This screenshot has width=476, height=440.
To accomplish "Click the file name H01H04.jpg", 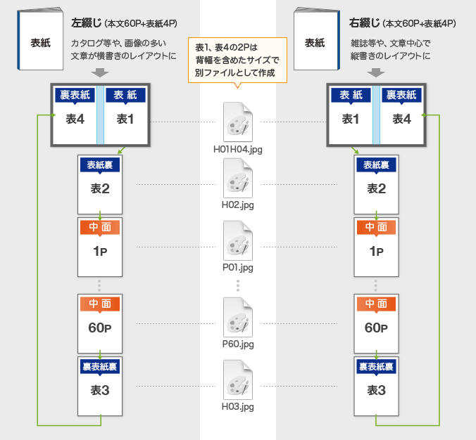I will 238,149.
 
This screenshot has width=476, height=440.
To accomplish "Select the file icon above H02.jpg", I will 238,178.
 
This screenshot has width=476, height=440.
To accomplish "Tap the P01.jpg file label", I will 238,267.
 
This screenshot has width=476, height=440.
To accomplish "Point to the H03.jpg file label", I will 238,406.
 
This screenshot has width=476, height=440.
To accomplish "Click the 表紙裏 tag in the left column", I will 100,165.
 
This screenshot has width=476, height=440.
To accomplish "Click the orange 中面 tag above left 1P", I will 100,227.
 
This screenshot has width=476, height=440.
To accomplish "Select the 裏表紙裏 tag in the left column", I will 100,366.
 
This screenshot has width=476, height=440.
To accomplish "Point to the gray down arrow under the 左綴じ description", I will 101,72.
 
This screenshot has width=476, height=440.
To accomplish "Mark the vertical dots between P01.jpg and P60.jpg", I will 238,285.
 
